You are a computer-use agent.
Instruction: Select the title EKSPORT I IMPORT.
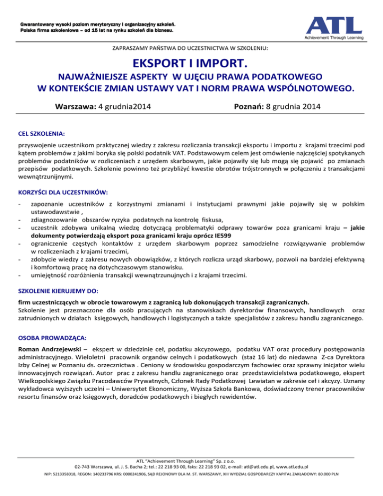click(x=191, y=64)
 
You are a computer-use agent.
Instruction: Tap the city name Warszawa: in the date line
click(x=75, y=106)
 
